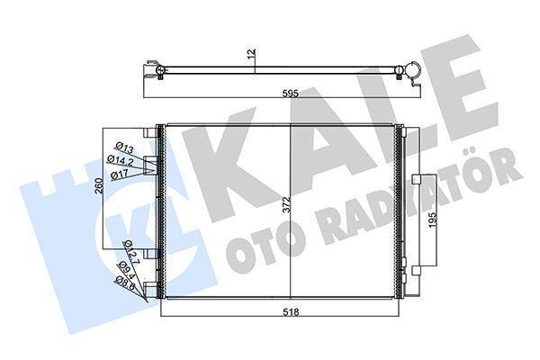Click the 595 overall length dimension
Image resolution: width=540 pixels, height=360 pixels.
286,92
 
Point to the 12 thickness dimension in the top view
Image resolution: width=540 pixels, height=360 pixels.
255,55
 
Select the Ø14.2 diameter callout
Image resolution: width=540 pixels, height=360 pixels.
122,161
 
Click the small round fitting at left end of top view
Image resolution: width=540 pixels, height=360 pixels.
159,68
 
